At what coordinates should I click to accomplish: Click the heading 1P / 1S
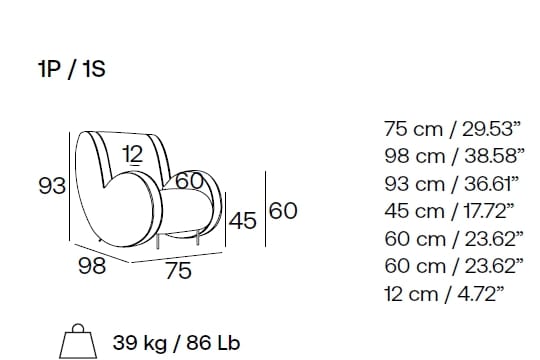[x=72, y=69]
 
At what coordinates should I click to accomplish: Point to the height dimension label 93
[x=52, y=186]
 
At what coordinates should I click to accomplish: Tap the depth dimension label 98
[x=92, y=266]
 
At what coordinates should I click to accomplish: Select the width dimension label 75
[x=178, y=270]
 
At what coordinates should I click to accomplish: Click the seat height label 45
[x=243, y=221]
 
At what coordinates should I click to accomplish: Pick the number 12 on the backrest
[x=133, y=154]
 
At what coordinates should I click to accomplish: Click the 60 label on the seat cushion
[x=189, y=181]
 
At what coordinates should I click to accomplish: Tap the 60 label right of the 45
[x=283, y=210]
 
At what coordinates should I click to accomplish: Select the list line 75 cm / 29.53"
[x=451, y=129]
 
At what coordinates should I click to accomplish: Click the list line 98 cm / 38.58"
[x=454, y=156]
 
